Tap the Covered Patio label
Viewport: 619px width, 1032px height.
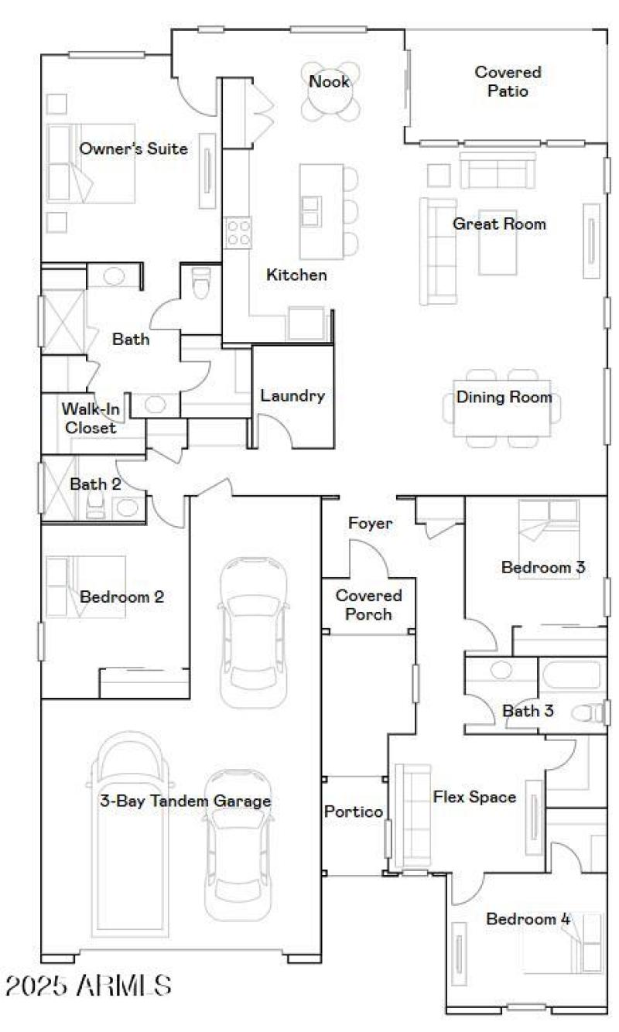pyautogui.click(x=508, y=81)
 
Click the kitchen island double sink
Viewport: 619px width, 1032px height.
pyautogui.click(x=311, y=210)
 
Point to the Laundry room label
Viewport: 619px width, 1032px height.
pyautogui.click(x=292, y=396)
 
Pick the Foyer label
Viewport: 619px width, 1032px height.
pyautogui.click(x=370, y=524)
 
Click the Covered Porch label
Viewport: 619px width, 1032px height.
pyautogui.click(x=368, y=605)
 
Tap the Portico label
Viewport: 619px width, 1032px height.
pyautogui.click(x=353, y=812)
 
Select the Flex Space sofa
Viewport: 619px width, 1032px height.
pyautogui.click(x=412, y=816)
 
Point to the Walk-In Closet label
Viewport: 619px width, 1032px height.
pyautogui.click(x=89, y=418)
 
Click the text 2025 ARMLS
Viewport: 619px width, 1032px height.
pyautogui.click(x=88, y=986)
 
